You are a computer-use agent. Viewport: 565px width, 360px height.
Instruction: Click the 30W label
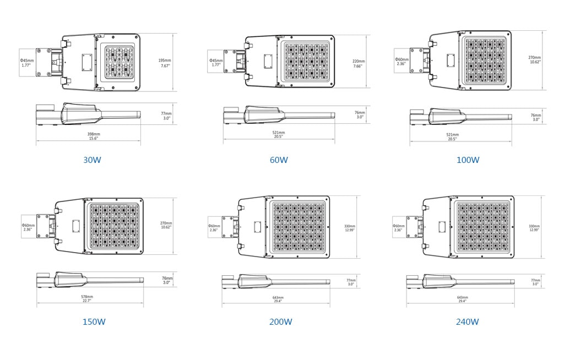click(x=92, y=160)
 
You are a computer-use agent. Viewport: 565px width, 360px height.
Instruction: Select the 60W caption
click(x=279, y=160)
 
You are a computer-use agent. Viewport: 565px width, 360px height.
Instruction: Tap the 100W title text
click(x=468, y=160)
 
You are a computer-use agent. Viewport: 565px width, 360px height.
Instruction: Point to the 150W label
click(x=94, y=322)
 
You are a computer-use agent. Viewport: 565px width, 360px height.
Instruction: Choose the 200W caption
click(x=280, y=322)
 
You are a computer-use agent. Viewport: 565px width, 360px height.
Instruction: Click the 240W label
click(x=467, y=322)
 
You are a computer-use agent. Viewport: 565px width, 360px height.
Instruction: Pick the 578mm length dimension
click(x=90, y=298)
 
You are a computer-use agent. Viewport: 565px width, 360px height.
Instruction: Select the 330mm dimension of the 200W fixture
click(x=350, y=227)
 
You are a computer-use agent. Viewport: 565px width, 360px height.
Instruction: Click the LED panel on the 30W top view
click(x=119, y=62)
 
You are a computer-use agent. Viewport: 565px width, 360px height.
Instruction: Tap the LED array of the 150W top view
click(x=114, y=227)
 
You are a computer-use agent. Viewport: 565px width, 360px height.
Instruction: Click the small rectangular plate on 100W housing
click(x=450, y=60)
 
